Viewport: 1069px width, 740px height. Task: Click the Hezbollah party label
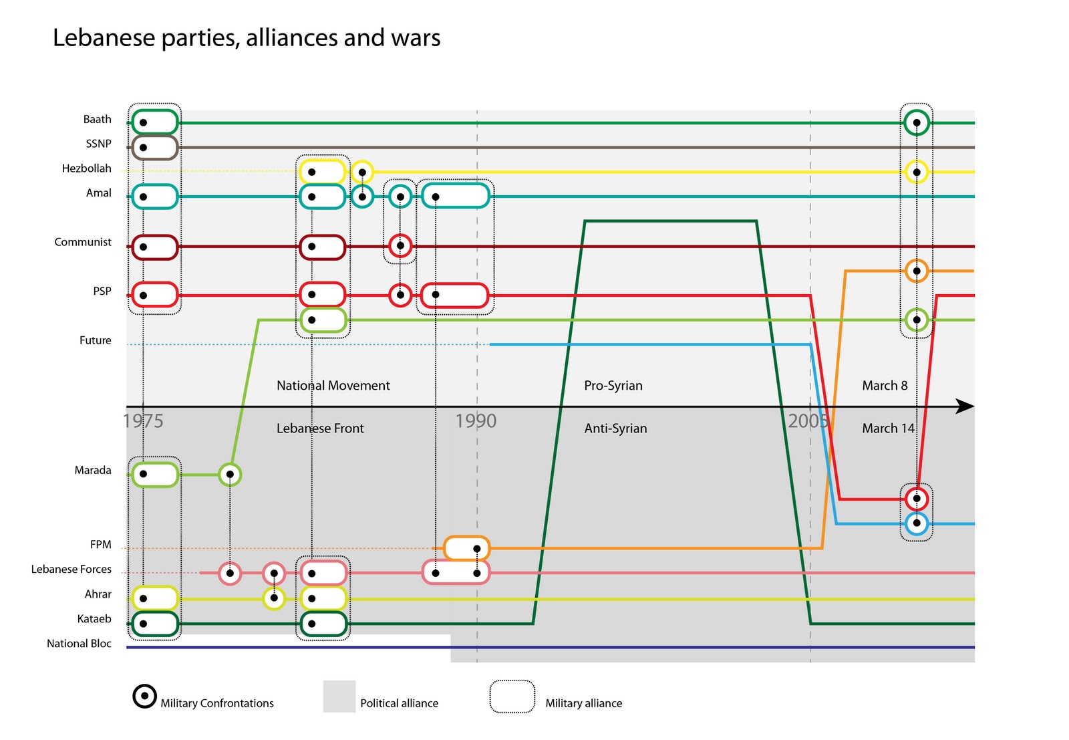(86, 168)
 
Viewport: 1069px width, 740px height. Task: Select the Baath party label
(97, 120)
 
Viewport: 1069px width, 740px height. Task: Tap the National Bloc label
(79, 644)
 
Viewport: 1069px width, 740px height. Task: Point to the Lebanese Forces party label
(71, 570)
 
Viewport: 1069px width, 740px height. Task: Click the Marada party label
(93, 471)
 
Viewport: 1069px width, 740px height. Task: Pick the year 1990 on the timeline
(476, 421)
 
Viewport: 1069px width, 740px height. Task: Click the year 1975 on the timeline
(143, 421)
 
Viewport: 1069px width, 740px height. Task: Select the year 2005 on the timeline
(808, 421)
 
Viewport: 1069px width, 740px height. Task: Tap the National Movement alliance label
(333, 386)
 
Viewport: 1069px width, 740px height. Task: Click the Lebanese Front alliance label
(320, 428)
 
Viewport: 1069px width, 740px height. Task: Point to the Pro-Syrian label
(613, 386)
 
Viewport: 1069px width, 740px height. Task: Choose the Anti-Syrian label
(615, 428)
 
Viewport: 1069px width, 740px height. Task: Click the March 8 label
(885, 386)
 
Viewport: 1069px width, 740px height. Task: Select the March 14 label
(888, 428)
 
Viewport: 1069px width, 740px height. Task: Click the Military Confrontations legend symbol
(144, 696)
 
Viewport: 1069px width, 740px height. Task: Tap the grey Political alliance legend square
(339, 697)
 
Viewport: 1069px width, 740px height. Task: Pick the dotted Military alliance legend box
(512, 697)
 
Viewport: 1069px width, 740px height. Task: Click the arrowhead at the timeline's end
(965, 406)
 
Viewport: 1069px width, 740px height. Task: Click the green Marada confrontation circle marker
(230, 475)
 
